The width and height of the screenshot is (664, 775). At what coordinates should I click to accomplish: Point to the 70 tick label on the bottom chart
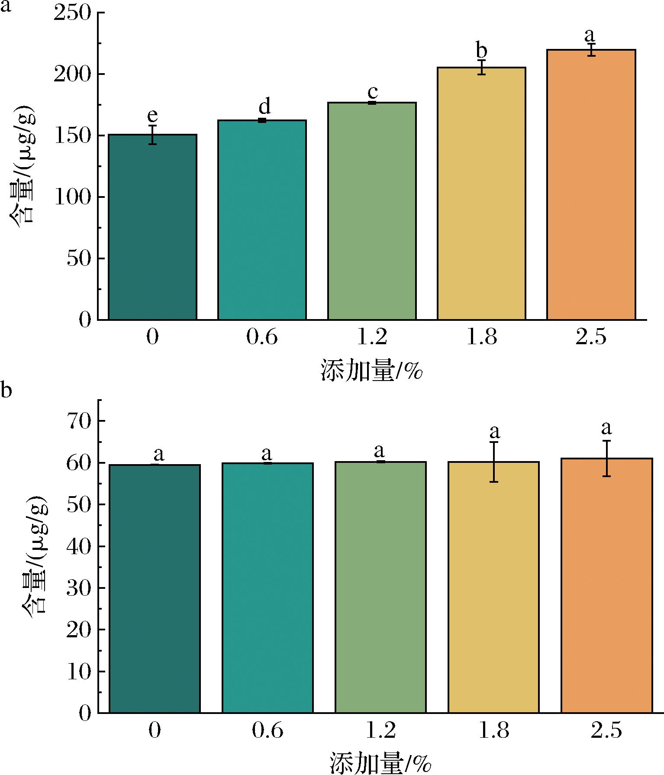click(80, 421)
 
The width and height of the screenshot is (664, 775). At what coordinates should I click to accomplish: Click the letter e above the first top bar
click(152, 116)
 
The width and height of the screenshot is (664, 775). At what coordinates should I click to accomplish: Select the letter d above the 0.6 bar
click(264, 106)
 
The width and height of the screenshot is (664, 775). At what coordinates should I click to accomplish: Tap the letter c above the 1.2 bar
click(372, 92)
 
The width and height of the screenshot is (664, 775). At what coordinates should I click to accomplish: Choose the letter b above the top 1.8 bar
click(481, 50)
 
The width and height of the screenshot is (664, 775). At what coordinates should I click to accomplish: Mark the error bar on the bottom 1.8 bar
click(494, 462)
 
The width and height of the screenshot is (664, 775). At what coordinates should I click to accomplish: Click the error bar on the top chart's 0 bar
click(152, 135)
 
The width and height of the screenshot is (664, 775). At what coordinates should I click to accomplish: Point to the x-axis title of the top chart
click(371, 371)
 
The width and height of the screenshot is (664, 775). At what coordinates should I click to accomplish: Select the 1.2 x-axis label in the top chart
click(372, 337)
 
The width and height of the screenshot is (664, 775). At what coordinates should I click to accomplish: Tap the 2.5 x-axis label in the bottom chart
click(606, 730)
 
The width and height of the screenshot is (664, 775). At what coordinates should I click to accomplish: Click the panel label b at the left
click(6, 391)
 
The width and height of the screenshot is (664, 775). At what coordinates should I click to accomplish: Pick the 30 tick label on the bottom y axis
click(80, 588)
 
